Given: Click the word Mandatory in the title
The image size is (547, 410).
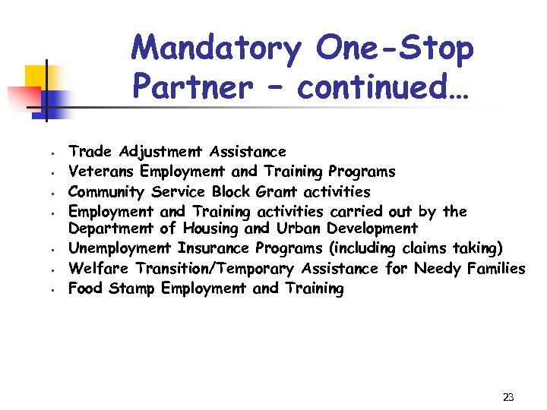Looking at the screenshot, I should coord(216,49).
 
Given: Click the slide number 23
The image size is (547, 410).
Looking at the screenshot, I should coord(508,396).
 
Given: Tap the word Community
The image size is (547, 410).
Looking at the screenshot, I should coord(107,191).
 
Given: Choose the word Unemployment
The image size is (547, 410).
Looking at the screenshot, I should coord(121,248).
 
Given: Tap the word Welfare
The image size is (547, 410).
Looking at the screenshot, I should coord(100,268).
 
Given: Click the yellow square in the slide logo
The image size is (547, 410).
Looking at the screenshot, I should coord(36,76).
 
